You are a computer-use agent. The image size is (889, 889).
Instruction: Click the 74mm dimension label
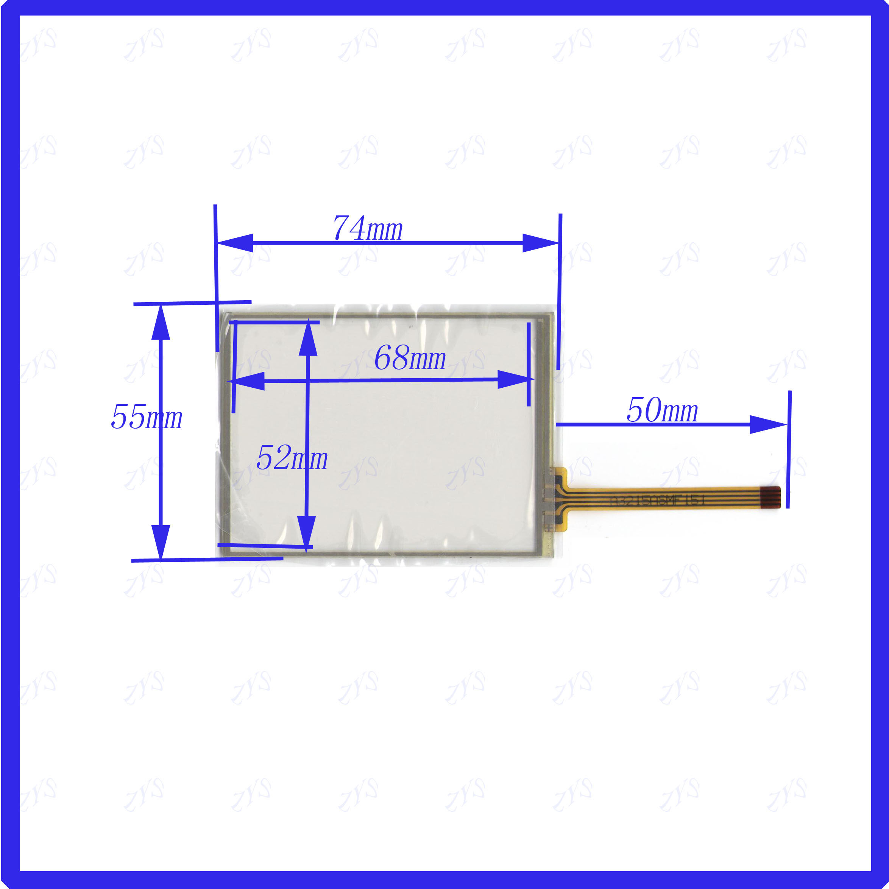point(368,229)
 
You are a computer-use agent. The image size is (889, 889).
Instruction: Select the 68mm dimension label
point(410,359)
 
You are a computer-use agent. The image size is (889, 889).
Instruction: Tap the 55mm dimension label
point(146,417)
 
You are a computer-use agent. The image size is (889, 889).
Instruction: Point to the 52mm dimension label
point(292,458)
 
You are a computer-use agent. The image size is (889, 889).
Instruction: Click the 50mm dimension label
point(662,410)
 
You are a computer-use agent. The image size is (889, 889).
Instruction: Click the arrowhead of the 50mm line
point(767,425)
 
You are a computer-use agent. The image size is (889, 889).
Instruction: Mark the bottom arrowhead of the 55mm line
point(161,542)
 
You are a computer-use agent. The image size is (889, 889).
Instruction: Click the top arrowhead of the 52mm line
point(308,340)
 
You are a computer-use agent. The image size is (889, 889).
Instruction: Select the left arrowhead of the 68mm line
point(247,381)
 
